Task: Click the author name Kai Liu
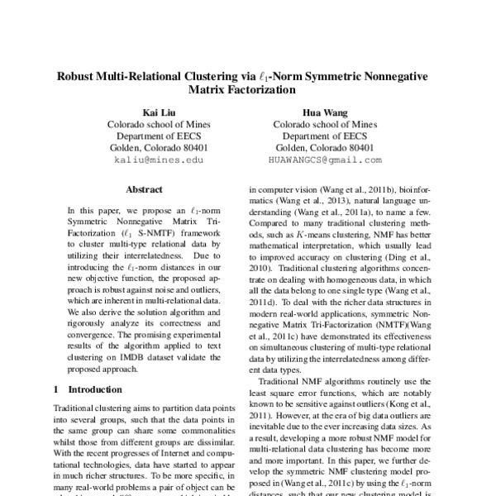(x=160, y=112)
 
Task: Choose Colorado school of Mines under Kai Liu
(x=160, y=124)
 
